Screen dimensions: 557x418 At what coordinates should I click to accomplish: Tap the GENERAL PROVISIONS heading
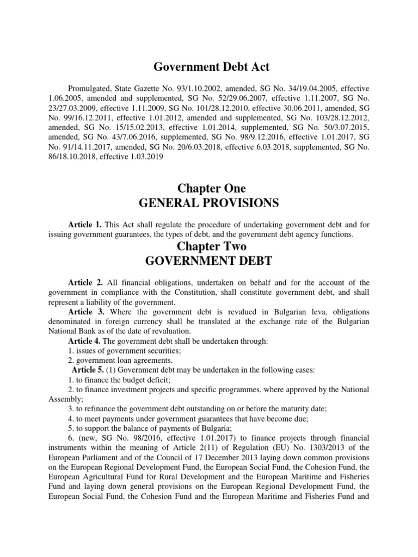click(x=210, y=203)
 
